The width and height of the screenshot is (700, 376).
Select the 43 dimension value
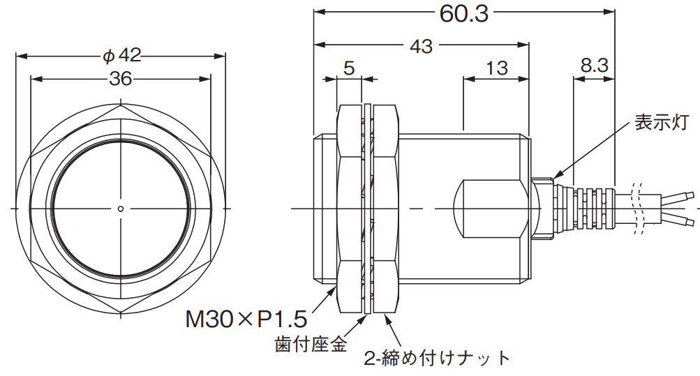coord(422,46)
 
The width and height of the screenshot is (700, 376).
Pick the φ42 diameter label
coord(121,56)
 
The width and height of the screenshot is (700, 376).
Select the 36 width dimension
coord(121,79)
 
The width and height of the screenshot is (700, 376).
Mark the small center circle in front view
coord(121,208)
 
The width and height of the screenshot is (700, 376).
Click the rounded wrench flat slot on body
coord(489,208)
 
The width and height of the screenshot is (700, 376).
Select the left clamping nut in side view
coord(350,208)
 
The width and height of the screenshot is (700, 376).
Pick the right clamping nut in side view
coord(385,208)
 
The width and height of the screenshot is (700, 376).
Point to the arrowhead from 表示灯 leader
coord(557,175)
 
